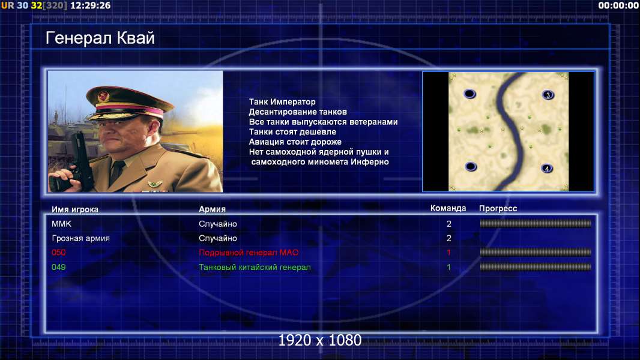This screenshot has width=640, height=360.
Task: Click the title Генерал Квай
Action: (100, 38)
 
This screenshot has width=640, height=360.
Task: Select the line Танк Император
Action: (282, 102)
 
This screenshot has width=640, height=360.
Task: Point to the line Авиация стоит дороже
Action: (295, 142)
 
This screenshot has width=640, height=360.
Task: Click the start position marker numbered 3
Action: (548, 95)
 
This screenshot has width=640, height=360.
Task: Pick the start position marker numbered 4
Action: (547, 169)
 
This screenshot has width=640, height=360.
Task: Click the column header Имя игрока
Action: (74, 209)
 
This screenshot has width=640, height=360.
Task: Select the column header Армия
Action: (213, 209)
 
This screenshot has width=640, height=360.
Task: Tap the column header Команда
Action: (448, 208)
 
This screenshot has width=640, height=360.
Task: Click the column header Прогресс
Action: (498, 208)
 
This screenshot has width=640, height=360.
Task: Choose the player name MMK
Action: (61, 224)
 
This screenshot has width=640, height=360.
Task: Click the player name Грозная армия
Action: (80, 238)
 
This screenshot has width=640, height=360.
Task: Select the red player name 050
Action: (58, 253)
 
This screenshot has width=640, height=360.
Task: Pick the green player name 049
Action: (58, 267)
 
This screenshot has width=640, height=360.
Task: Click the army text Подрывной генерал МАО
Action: (249, 253)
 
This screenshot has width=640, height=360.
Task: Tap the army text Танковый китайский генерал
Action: (255, 267)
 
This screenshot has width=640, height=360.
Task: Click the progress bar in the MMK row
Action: (536, 223)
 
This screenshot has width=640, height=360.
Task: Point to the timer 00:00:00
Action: (618, 5)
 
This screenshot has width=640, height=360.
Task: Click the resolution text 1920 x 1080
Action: (319, 340)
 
